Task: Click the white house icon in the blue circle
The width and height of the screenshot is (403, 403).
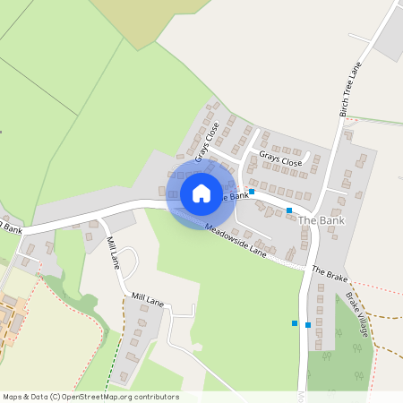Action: click(x=201, y=193)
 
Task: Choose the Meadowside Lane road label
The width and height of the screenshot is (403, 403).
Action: click(x=236, y=239)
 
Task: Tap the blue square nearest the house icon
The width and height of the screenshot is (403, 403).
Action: click(x=252, y=192)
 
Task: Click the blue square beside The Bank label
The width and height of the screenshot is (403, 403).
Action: click(x=289, y=210)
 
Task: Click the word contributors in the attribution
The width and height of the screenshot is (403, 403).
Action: click(x=155, y=397)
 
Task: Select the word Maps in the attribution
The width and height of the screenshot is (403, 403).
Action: click(x=13, y=397)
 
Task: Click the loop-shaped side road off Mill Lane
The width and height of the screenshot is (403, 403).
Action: click(x=131, y=262)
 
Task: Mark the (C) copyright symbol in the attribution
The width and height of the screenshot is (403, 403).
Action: click(x=56, y=397)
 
